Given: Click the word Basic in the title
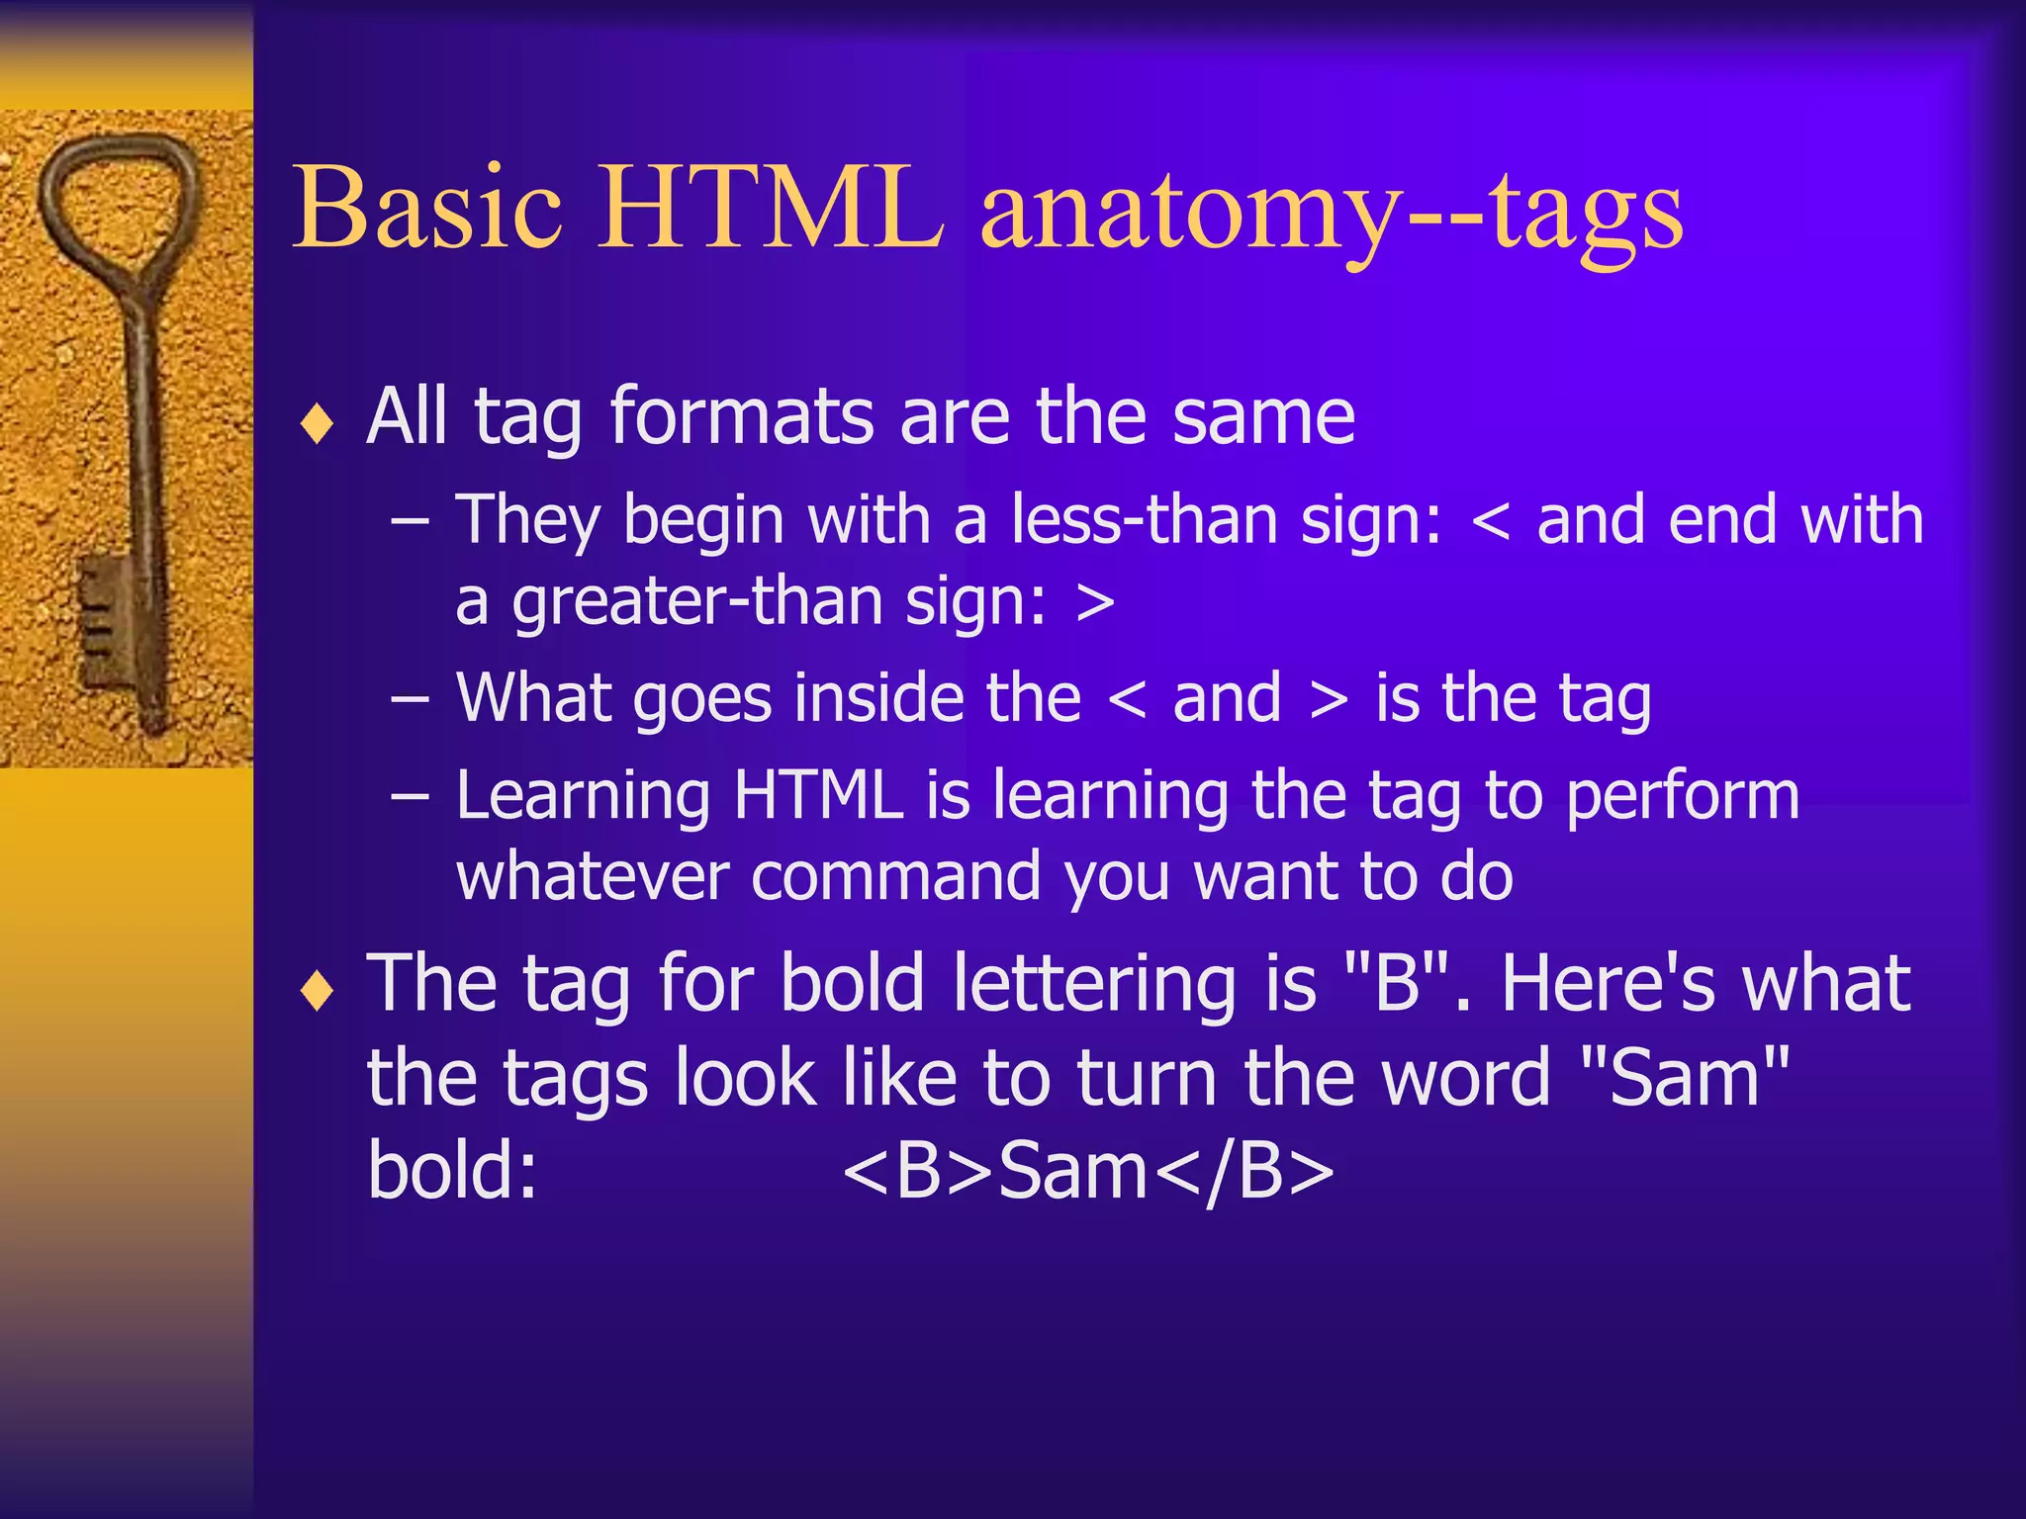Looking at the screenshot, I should point(427,208).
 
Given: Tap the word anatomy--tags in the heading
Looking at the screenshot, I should point(1331,213).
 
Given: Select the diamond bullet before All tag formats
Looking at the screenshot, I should point(318,425).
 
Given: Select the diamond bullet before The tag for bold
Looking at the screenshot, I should point(318,991).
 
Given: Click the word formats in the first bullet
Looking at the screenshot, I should point(742,417).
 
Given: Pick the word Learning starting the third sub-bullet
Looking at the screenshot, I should point(584,797).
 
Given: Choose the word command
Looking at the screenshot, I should point(895,877).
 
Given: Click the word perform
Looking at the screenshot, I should point(1682,797).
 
